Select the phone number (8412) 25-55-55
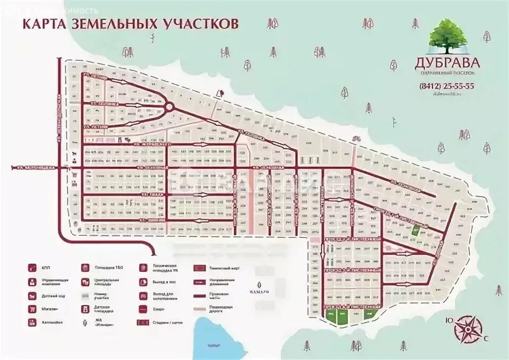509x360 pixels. [446, 85]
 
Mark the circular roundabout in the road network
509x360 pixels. [169, 107]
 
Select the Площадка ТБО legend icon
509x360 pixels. [84, 268]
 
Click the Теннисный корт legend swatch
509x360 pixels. [200, 269]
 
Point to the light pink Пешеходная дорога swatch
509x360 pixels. [200, 308]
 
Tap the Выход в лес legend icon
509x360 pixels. [143, 282]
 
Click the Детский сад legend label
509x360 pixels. [55, 296]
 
